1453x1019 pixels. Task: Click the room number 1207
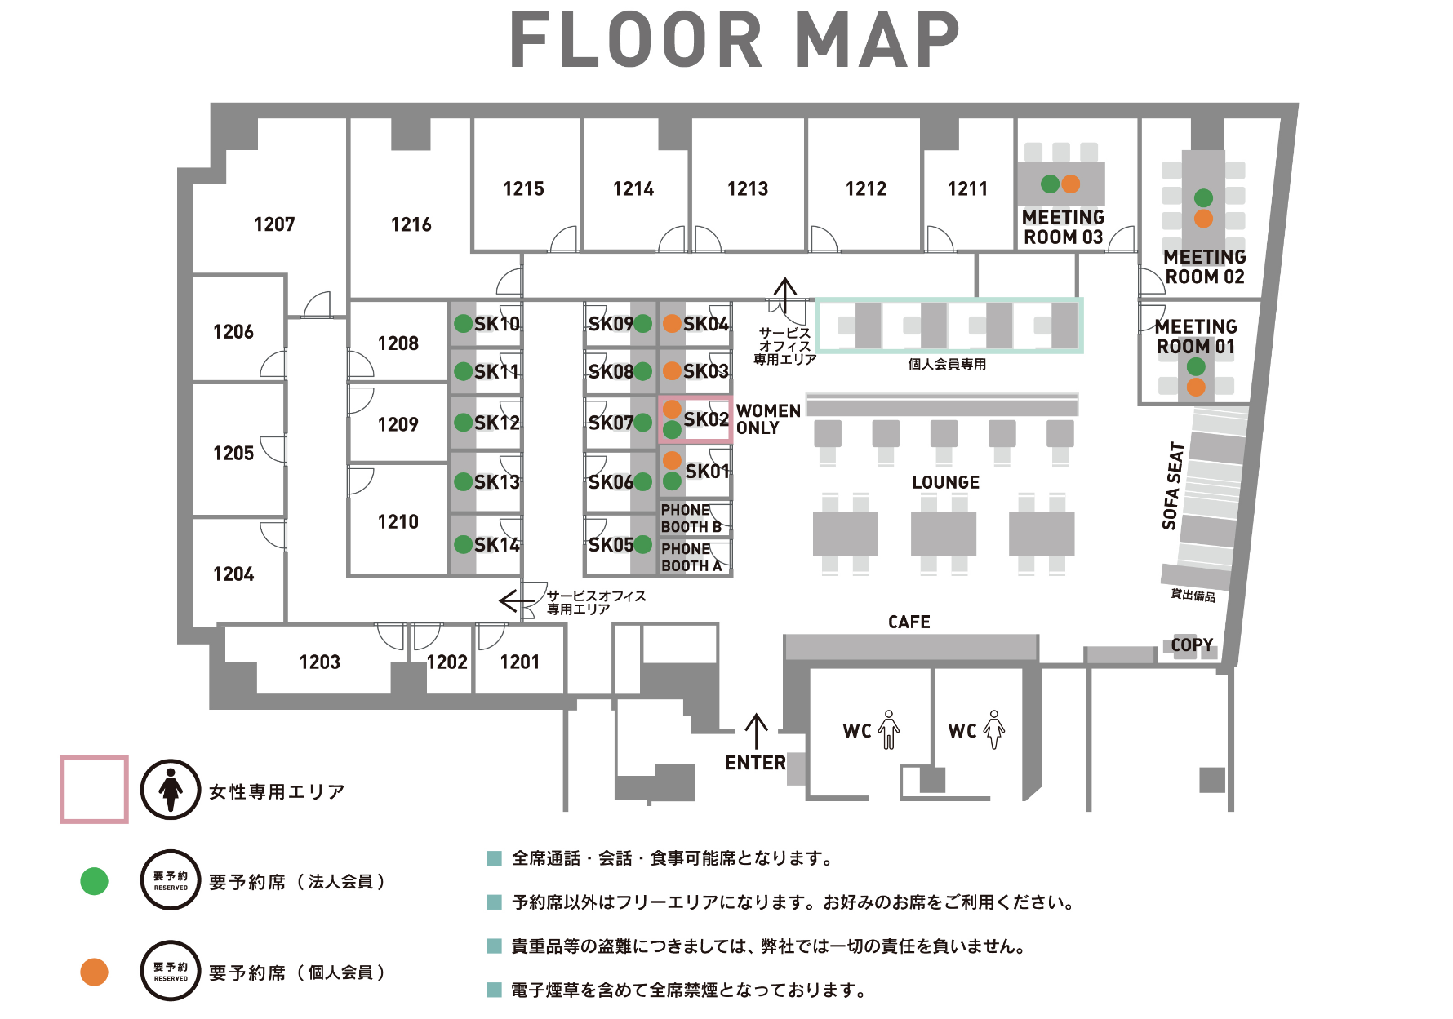[x=274, y=224]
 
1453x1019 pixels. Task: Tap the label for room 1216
[x=411, y=224]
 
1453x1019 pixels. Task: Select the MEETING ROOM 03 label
[x=1063, y=227]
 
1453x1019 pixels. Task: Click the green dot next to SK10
[x=463, y=324]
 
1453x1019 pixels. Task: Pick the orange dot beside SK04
[x=672, y=324]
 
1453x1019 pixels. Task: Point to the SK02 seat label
[x=706, y=419]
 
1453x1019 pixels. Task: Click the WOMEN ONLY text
[x=768, y=419]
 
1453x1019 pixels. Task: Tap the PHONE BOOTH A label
[x=691, y=557]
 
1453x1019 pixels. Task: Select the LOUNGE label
[x=945, y=482]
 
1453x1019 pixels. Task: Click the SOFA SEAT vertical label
[x=1173, y=485]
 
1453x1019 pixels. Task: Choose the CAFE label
[x=909, y=622]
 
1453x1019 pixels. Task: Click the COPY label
[x=1192, y=645]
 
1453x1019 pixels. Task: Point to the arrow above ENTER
[x=757, y=731]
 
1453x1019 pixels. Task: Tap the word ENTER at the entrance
[x=755, y=763]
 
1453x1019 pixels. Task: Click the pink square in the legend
[x=94, y=789]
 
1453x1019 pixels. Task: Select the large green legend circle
[x=94, y=881]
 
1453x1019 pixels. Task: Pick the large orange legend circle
[x=94, y=972]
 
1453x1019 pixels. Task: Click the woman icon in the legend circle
[x=171, y=789]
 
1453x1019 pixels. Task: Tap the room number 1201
[x=520, y=662]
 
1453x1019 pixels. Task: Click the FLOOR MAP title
[x=735, y=40]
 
